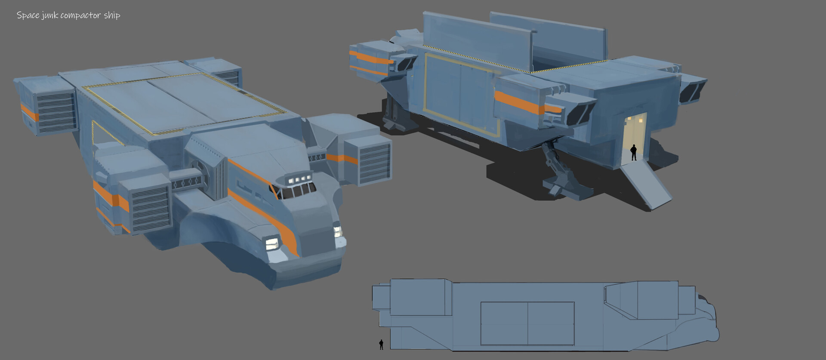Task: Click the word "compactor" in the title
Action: tap(81, 16)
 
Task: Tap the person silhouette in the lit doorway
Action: tap(633, 152)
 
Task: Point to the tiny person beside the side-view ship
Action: tap(381, 344)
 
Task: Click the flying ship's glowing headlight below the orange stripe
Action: tap(272, 244)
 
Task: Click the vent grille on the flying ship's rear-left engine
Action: tap(55, 112)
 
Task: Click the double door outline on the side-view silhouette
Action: tap(527, 323)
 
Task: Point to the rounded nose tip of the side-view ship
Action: tap(716, 333)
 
